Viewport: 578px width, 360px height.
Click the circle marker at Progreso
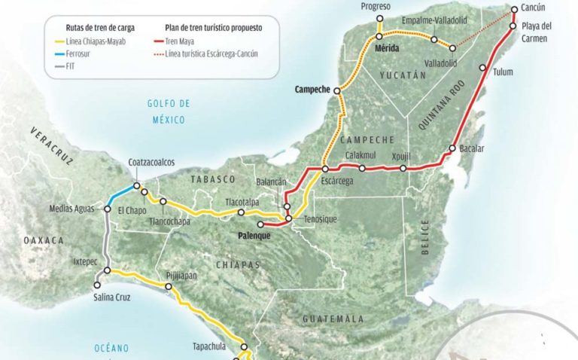pos(379,19)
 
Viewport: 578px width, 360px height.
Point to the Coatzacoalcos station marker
pos(136,186)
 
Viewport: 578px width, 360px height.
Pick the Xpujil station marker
pos(404,168)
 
